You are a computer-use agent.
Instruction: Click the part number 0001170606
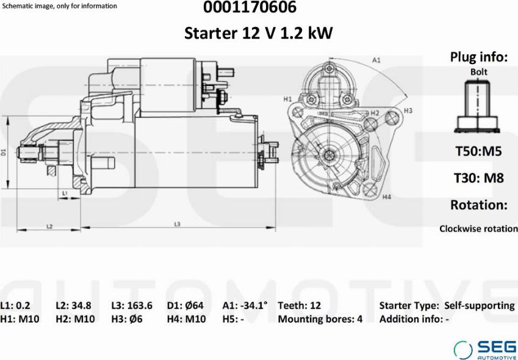(259, 8)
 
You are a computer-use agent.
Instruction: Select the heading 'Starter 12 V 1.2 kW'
(259, 33)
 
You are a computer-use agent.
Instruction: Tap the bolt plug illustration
(478, 107)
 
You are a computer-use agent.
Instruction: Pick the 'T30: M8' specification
(478, 178)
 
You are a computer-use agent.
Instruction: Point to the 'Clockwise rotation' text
(478, 229)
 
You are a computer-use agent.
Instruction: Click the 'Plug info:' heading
(478, 57)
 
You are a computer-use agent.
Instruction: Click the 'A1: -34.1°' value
(245, 306)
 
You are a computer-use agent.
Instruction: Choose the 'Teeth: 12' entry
(299, 306)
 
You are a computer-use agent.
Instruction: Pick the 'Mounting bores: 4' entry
(320, 319)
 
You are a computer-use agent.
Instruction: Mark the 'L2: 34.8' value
(74, 306)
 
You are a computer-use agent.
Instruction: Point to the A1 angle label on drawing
(376, 60)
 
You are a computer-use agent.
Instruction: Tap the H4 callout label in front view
(386, 197)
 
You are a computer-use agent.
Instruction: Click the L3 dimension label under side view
(177, 225)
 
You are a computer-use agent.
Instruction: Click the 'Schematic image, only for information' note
(60, 6)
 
